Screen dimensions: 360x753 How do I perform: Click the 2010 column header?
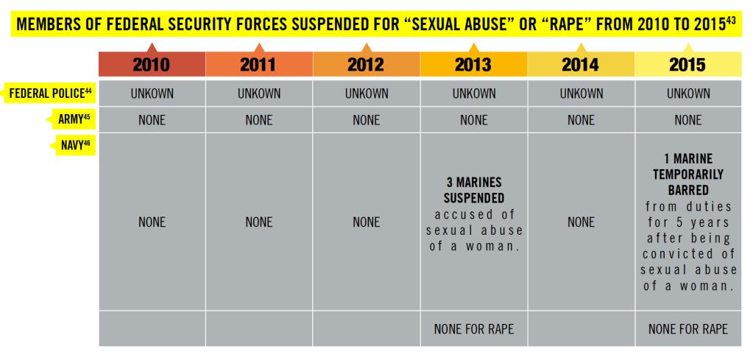pos(151,65)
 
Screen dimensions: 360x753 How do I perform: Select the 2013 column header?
pos(473,65)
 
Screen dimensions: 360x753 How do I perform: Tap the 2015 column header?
pos(687,65)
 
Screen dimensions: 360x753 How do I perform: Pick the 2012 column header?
pos(366,65)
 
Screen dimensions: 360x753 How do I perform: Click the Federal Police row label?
pos(50,93)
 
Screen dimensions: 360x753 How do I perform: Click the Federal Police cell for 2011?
pos(259,93)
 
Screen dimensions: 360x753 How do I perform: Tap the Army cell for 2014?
pos(581,120)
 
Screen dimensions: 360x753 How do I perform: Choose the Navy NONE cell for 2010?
pos(152,222)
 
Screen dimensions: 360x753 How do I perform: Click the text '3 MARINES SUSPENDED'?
pos(473,190)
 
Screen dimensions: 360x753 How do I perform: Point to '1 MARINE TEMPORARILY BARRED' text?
pos(688,174)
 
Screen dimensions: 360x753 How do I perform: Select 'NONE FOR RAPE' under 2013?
pos(473,329)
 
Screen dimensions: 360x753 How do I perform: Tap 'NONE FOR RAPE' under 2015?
pos(688,329)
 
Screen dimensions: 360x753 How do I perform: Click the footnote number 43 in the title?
pos(731,21)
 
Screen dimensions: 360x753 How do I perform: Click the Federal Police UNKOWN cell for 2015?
pos(688,93)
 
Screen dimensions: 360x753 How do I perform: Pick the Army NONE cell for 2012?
pos(366,120)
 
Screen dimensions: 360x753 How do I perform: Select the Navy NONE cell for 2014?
pos(581,222)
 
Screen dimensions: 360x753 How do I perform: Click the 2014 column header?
pos(581,65)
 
